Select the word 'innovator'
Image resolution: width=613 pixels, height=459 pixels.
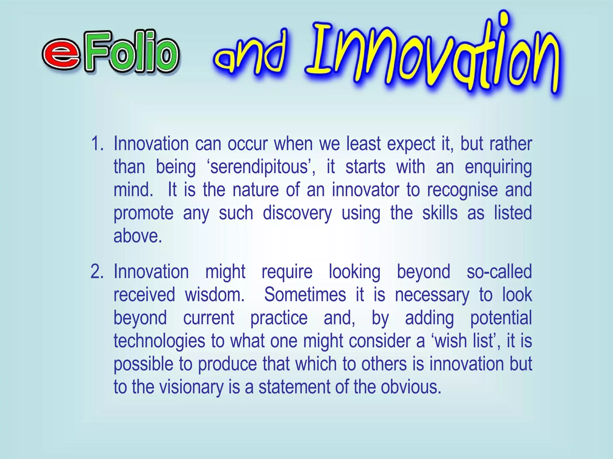click(365, 190)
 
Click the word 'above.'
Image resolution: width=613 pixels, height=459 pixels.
click(138, 236)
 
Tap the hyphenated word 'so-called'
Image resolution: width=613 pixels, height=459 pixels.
click(499, 272)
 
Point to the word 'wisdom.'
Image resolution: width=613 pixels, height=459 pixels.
click(215, 295)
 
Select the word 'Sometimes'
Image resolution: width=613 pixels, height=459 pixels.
click(305, 295)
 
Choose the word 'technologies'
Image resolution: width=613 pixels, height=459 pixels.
click(159, 341)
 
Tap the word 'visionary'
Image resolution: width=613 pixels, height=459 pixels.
click(191, 387)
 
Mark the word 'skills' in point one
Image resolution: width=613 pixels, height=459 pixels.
click(440, 213)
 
